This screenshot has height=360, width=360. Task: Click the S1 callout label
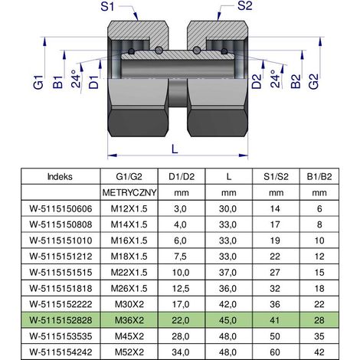coord(107,6)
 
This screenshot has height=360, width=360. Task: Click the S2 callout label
coord(245,6)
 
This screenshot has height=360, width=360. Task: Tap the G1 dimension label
coord(38,82)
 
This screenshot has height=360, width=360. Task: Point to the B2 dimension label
coord(296,81)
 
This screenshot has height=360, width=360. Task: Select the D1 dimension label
coord(93,82)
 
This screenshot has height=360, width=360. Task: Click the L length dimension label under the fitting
coord(175,149)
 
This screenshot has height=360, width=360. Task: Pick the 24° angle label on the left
coord(76,79)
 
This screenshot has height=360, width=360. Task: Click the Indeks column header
coord(60,176)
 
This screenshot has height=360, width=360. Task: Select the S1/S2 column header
coord(276,176)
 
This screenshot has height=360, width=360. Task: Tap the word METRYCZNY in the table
coord(129,192)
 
